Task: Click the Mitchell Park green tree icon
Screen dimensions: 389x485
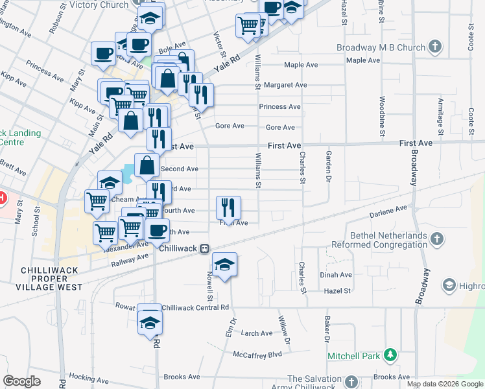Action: pos(390,355)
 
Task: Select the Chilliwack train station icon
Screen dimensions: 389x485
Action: pos(204,248)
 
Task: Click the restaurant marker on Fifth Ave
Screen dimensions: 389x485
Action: pos(228,207)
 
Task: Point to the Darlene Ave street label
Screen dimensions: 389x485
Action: pos(388,211)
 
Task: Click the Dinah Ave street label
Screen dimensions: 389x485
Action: pos(335,275)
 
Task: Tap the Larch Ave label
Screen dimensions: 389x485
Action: pos(256,333)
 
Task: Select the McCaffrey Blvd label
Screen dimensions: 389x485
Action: pos(258,355)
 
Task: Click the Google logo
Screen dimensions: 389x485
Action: pos(22,381)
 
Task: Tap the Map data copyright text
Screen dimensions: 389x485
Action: pos(445,384)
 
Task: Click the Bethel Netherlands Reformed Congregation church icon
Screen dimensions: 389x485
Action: pos(436,239)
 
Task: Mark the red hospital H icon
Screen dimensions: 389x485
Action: pos(3,196)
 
